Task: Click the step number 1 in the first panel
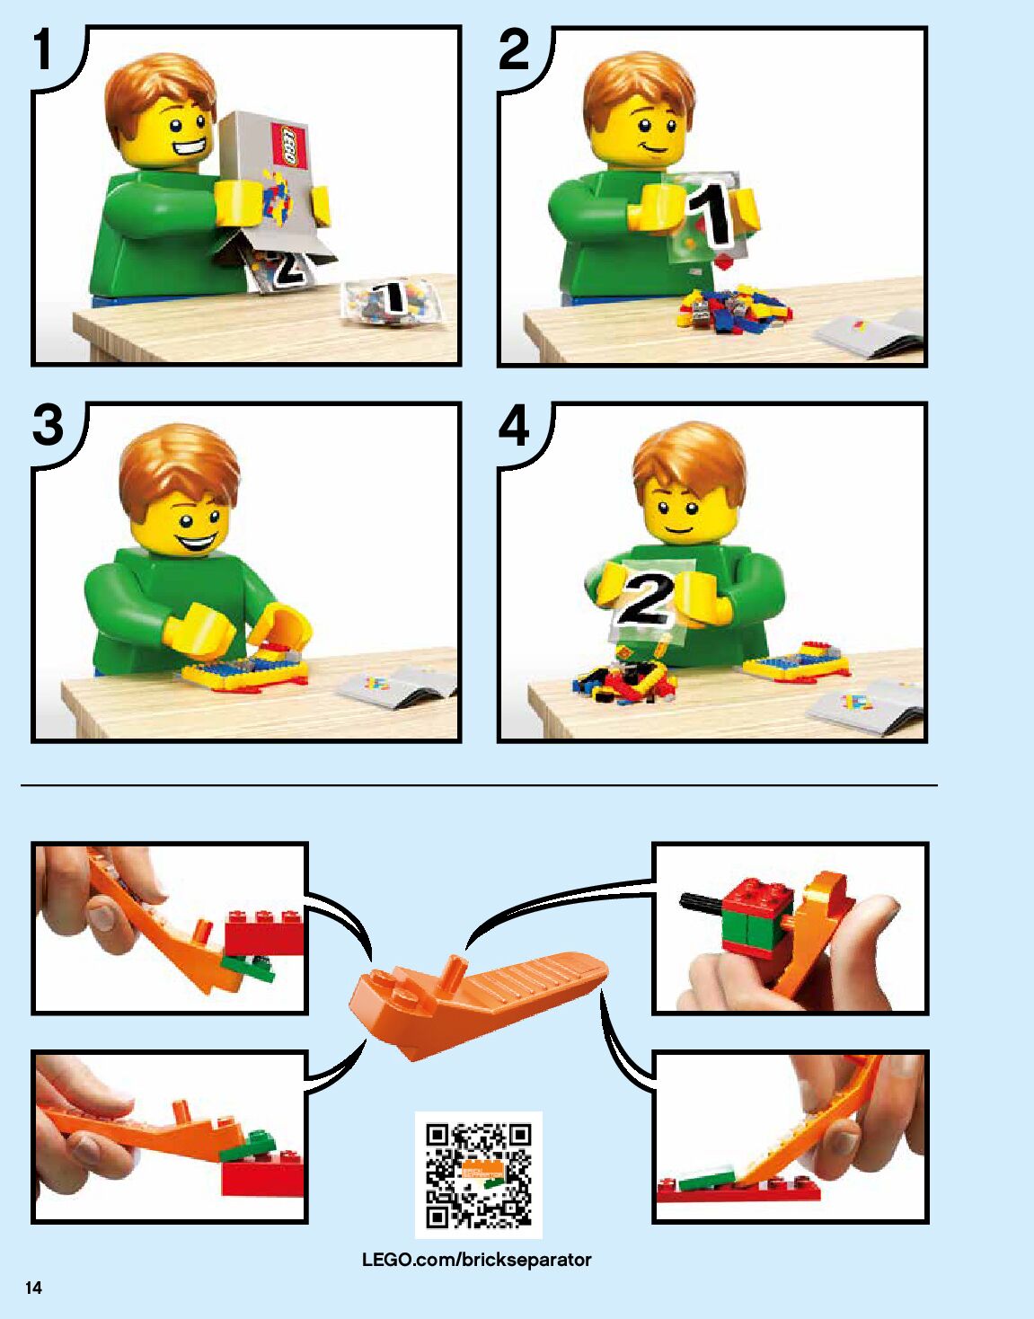click(x=42, y=49)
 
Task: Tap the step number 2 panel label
click(x=513, y=49)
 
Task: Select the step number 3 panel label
click(x=48, y=425)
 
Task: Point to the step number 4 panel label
click(x=514, y=425)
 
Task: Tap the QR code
click(x=478, y=1174)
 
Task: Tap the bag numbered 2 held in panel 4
click(x=650, y=601)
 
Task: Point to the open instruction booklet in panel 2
click(x=871, y=332)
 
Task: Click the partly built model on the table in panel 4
click(x=796, y=659)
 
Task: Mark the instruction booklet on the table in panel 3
click(x=397, y=685)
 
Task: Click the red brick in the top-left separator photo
click(x=265, y=933)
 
